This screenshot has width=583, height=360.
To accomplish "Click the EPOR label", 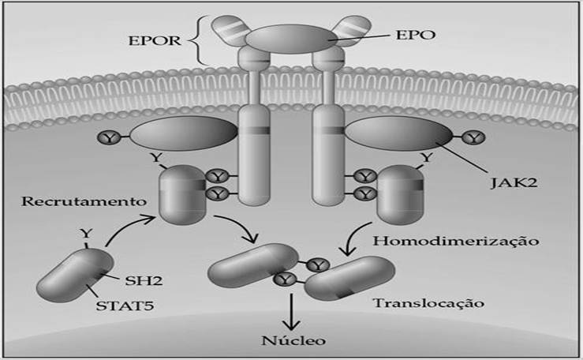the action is tap(155, 40).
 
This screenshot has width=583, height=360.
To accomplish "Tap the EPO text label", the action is tap(415, 35).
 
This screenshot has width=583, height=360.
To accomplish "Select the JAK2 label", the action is tap(514, 182).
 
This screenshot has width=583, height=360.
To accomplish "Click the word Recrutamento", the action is tap(84, 201).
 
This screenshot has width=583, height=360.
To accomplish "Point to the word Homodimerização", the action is tap(456, 241).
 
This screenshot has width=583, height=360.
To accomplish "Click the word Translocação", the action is tap(428, 303).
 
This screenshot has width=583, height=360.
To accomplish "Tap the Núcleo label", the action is tap(293, 340).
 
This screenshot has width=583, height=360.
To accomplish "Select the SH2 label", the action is tap(144, 280).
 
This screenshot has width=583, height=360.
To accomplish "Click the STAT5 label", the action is tap(125, 306).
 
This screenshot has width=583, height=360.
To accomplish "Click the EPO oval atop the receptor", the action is tap(291, 39).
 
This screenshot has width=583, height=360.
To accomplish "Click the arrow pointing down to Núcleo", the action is tap(292, 312).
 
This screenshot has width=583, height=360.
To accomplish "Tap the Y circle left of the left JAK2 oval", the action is tap(109, 138).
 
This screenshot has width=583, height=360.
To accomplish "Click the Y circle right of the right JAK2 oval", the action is tap(473, 138).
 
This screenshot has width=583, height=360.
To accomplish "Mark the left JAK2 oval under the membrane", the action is tap(184, 133).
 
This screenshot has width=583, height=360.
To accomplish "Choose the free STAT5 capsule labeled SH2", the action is tap(75, 276).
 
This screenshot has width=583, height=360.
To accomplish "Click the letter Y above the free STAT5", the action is tap(86, 234).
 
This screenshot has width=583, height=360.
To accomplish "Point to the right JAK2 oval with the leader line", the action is tap(399, 133).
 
